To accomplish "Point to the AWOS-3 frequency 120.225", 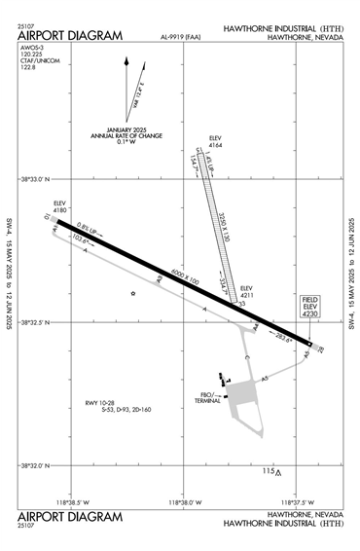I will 32,55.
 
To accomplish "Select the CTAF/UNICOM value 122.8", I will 26,71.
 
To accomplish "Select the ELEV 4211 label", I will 247,291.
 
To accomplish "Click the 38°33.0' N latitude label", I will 36,179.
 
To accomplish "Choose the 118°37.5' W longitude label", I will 294,502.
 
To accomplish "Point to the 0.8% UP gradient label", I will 86,229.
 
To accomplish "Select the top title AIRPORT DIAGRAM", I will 70,36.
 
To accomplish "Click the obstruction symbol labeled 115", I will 278,473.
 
